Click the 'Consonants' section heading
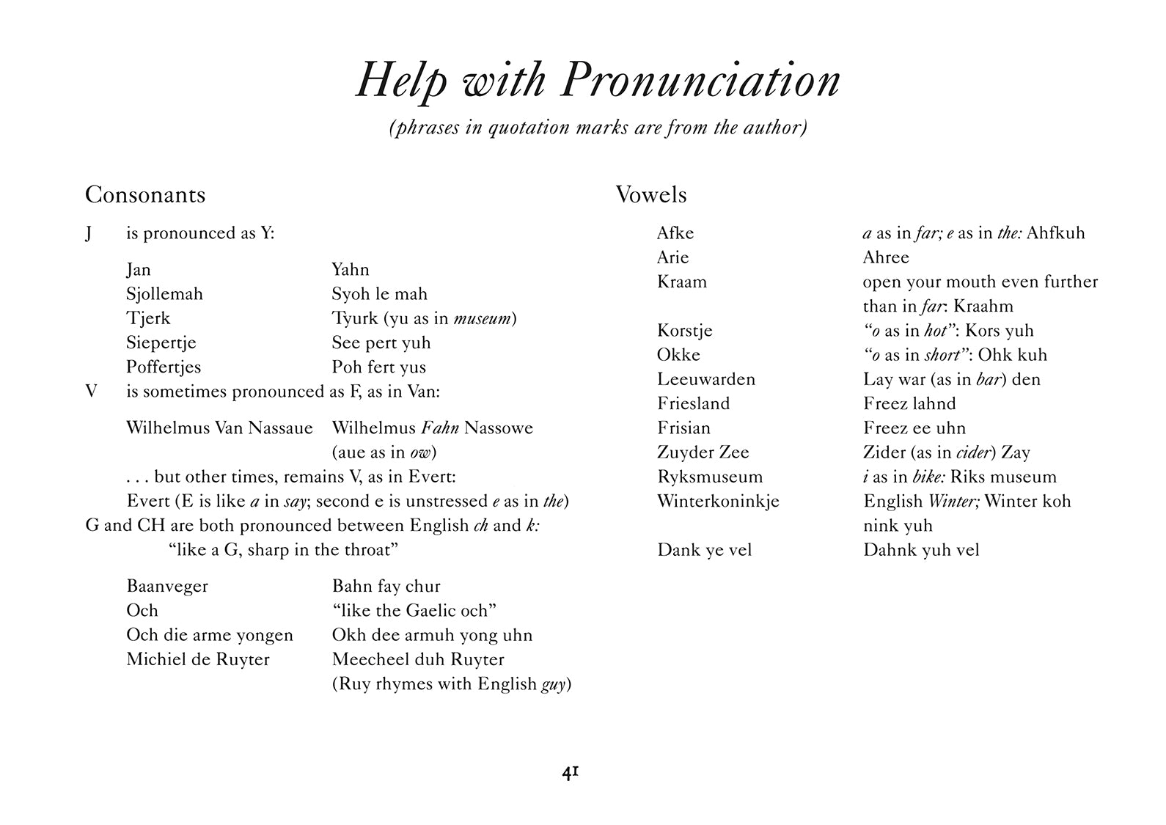[x=145, y=194]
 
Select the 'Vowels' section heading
[x=651, y=194]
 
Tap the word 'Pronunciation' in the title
[x=700, y=81]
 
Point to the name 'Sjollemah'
[x=164, y=294]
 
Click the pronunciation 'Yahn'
[x=351, y=270]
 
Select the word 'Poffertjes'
[x=164, y=367]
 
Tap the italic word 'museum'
[x=483, y=318]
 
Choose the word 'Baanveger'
[x=167, y=586]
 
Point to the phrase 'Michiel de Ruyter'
[x=198, y=659]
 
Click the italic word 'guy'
[x=554, y=685]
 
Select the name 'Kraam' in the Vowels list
[x=682, y=282]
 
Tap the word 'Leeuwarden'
[x=706, y=379]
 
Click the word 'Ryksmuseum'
[x=710, y=477]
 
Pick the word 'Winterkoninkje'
[x=718, y=502]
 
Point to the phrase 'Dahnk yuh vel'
[x=921, y=550]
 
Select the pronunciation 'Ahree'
[x=886, y=257]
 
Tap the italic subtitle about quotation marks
[x=598, y=128]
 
